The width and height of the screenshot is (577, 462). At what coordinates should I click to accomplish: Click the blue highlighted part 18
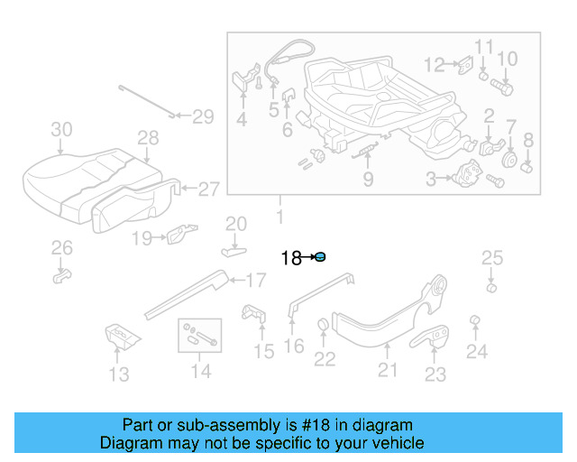(x=320, y=258)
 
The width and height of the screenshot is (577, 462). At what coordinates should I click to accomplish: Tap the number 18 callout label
(x=291, y=259)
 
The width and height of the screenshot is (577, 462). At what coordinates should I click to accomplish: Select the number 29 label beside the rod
(x=202, y=115)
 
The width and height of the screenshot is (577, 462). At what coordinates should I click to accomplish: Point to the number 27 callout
(x=208, y=189)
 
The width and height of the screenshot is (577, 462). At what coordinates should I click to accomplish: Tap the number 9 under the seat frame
(x=368, y=180)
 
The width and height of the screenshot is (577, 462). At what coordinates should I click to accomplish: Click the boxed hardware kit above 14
(x=198, y=335)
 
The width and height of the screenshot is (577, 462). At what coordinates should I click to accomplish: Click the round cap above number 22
(x=323, y=326)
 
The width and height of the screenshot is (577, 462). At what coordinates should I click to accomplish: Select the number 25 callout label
(x=490, y=259)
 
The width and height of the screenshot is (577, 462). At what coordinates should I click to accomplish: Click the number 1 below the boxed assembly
(x=279, y=217)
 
